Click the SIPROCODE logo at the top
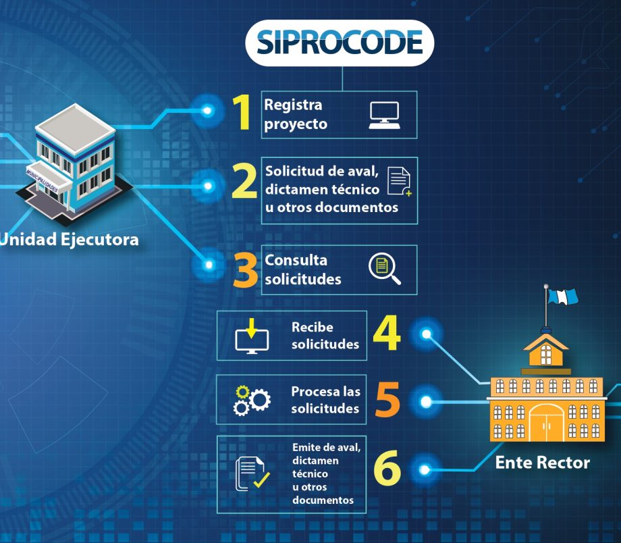(340, 43)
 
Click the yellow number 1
(242, 113)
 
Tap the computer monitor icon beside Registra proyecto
(384, 115)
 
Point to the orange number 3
(244, 271)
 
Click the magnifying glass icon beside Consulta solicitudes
(384, 269)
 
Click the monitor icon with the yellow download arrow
(252, 336)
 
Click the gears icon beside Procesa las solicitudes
(251, 400)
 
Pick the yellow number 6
(387, 469)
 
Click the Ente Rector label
(542, 463)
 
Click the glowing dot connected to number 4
(426, 334)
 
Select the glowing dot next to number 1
(208, 110)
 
